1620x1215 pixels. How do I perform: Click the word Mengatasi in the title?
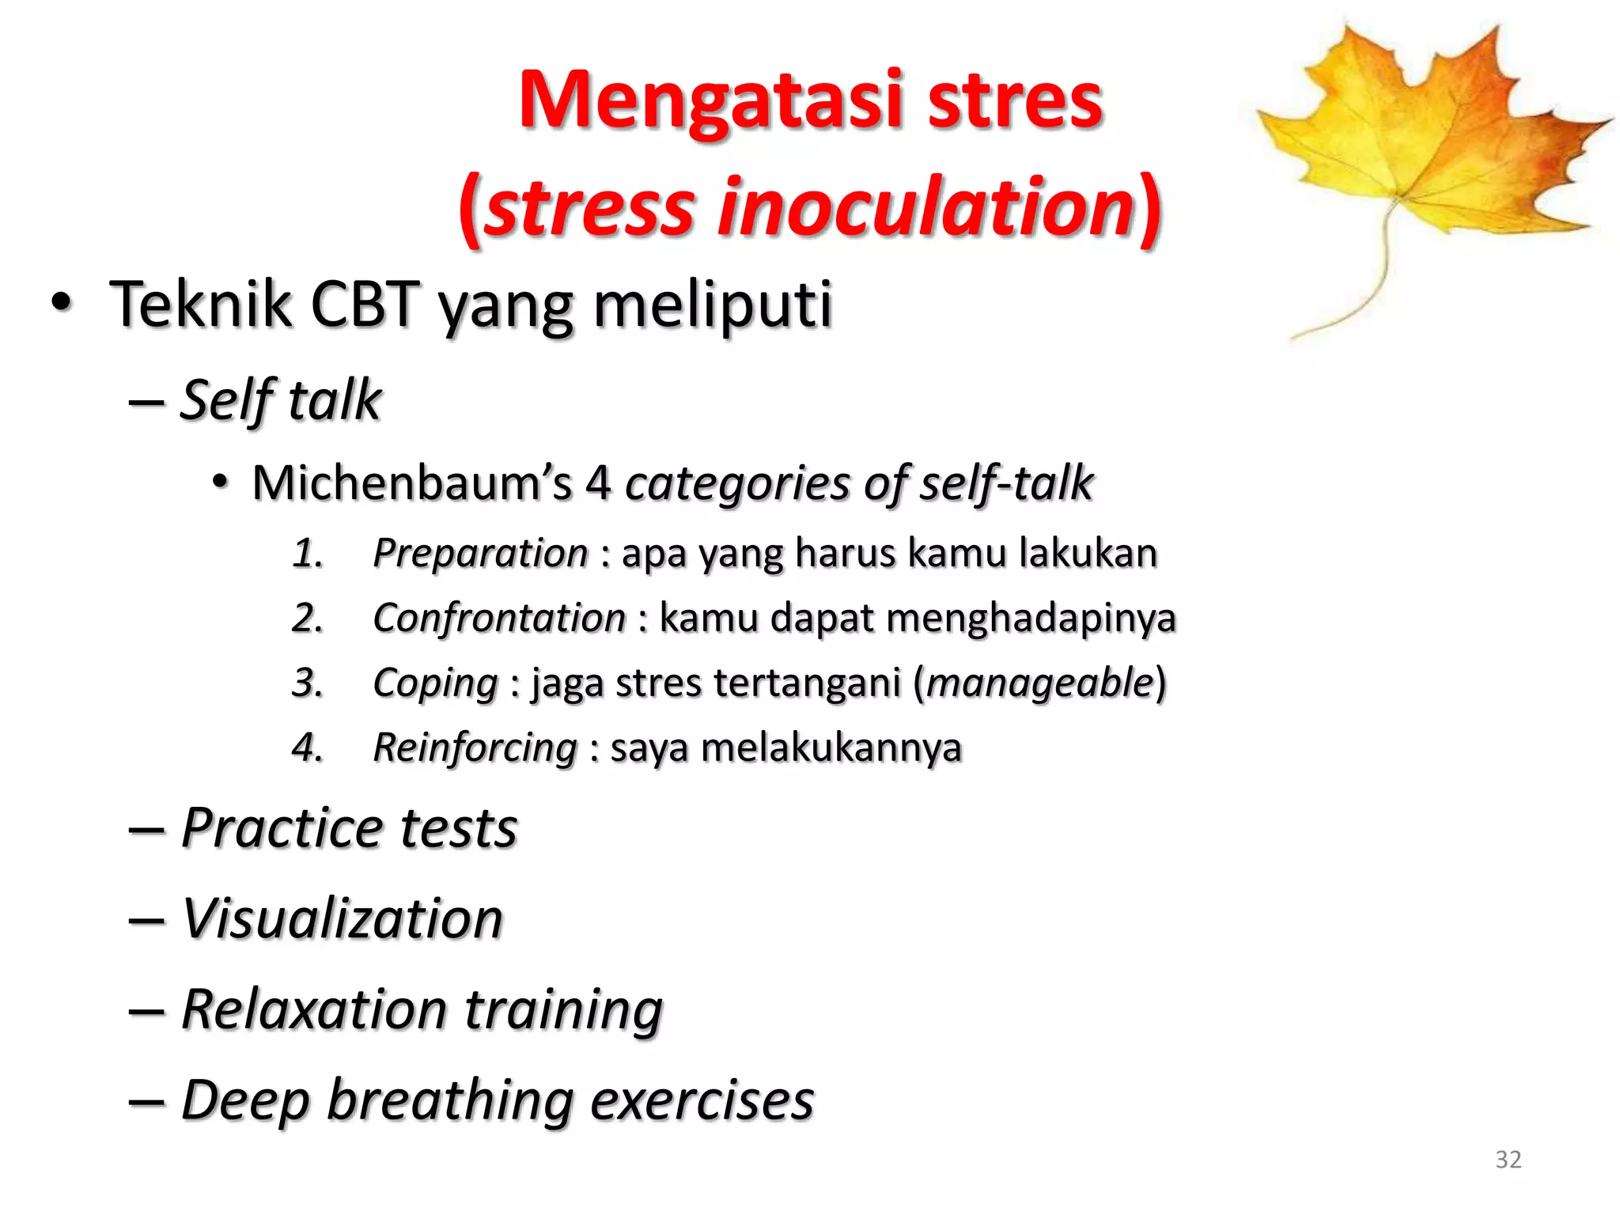tap(710, 101)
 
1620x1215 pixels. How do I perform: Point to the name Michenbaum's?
tap(411, 483)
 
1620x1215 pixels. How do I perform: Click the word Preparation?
tap(480, 553)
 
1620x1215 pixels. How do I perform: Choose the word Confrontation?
tap(499, 618)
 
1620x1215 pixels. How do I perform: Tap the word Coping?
tap(435, 683)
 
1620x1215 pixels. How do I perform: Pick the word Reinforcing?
tap(475, 748)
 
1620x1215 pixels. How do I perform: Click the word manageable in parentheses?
tap(1039, 682)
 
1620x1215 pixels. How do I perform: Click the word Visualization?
tap(342, 919)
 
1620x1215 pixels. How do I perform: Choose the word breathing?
tap(450, 1100)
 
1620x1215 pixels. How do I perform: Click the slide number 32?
tap(1508, 1160)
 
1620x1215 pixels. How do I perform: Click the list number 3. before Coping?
tap(307, 683)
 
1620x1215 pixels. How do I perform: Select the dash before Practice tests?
tap(146, 830)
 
